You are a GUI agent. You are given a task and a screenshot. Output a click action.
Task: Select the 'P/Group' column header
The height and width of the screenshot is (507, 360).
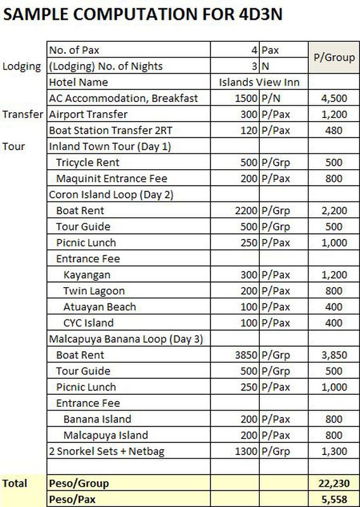pyautogui.click(x=334, y=58)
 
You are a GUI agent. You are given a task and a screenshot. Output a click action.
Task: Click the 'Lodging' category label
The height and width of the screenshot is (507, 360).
pyautogui.click(x=22, y=67)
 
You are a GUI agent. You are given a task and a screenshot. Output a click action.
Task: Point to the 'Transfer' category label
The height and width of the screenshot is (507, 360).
pyautogui.click(x=23, y=115)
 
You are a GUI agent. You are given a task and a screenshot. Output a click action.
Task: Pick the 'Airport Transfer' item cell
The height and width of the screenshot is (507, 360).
pyautogui.click(x=88, y=115)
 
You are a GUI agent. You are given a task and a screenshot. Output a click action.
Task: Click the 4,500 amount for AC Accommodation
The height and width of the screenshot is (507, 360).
pyautogui.click(x=334, y=98)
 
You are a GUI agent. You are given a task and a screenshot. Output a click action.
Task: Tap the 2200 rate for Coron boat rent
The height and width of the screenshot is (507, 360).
pyautogui.click(x=245, y=211)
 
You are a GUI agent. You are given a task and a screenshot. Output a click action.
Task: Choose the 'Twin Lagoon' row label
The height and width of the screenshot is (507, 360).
pyautogui.click(x=94, y=291)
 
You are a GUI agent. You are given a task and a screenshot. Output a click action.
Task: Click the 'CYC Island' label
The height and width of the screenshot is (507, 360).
pyautogui.click(x=88, y=323)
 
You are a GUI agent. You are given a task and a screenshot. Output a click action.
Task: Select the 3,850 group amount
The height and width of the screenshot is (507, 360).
pyautogui.click(x=334, y=355)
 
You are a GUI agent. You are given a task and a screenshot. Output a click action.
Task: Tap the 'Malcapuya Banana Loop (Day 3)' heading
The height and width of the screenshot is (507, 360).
pyautogui.click(x=125, y=339)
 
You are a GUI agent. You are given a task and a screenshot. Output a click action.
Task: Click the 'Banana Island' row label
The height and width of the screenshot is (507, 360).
pyautogui.click(x=97, y=419)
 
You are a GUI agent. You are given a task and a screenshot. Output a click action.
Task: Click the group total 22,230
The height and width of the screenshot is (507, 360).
pyautogui.click(x=334, y=484)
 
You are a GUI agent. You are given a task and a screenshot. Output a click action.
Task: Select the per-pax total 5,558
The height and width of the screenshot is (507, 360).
pyautogui.click(x=334, y=499)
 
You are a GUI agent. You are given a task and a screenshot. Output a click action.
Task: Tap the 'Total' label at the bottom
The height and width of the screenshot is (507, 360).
pyautogui.click(x=15, y=484)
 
